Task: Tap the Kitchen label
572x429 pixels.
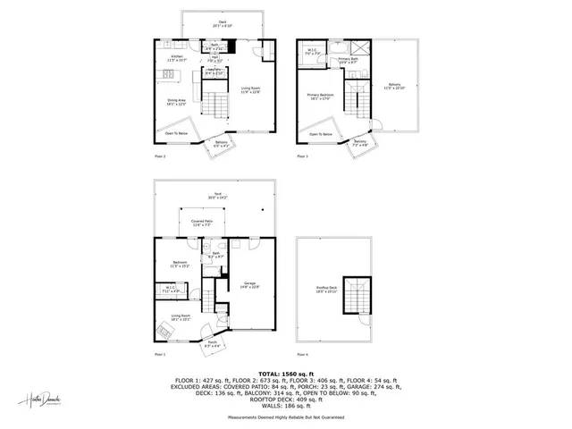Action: click(177, 57)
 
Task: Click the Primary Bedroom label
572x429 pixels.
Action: click(319, 96)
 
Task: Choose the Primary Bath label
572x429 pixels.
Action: click(348, 59)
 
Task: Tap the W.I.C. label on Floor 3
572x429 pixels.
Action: click(311, 51)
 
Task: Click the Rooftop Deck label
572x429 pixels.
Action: click(327, 290)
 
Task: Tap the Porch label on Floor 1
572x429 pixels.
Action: click(212, 342)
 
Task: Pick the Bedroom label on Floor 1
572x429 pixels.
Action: click(180, 263)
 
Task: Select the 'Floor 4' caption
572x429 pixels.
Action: click(301, 354)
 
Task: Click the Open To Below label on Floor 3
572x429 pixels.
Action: click(321, 134)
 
